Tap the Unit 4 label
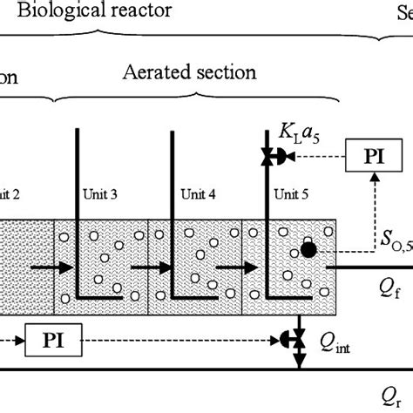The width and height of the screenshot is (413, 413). tap(196, 193)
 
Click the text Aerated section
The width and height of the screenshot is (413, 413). tap(177, 72)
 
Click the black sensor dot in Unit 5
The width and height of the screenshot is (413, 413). tap(309, 250)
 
